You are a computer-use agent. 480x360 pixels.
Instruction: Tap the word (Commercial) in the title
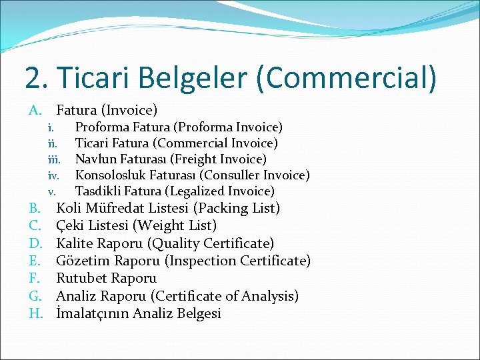347,77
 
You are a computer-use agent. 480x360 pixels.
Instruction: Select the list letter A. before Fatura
36,109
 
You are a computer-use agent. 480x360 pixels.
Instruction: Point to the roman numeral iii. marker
54,159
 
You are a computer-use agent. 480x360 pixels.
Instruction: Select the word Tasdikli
99,191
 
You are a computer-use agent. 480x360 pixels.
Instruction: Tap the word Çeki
71,225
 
